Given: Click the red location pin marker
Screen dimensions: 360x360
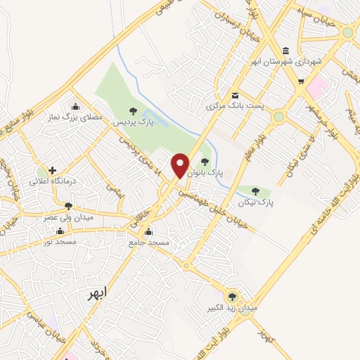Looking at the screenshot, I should (181, 165).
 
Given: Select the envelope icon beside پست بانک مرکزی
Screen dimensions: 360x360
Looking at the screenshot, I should (235, 96).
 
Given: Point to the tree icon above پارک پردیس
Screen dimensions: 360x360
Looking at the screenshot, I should (131, 110).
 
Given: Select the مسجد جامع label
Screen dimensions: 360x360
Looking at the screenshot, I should (148, 243).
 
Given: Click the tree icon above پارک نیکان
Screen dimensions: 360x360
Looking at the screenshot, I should (255, 191).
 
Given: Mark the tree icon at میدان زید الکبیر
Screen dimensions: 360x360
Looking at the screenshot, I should (232, 296).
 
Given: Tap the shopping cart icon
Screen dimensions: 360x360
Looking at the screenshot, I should (301, 82).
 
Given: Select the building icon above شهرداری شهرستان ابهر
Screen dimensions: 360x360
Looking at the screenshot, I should (285, 51).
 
